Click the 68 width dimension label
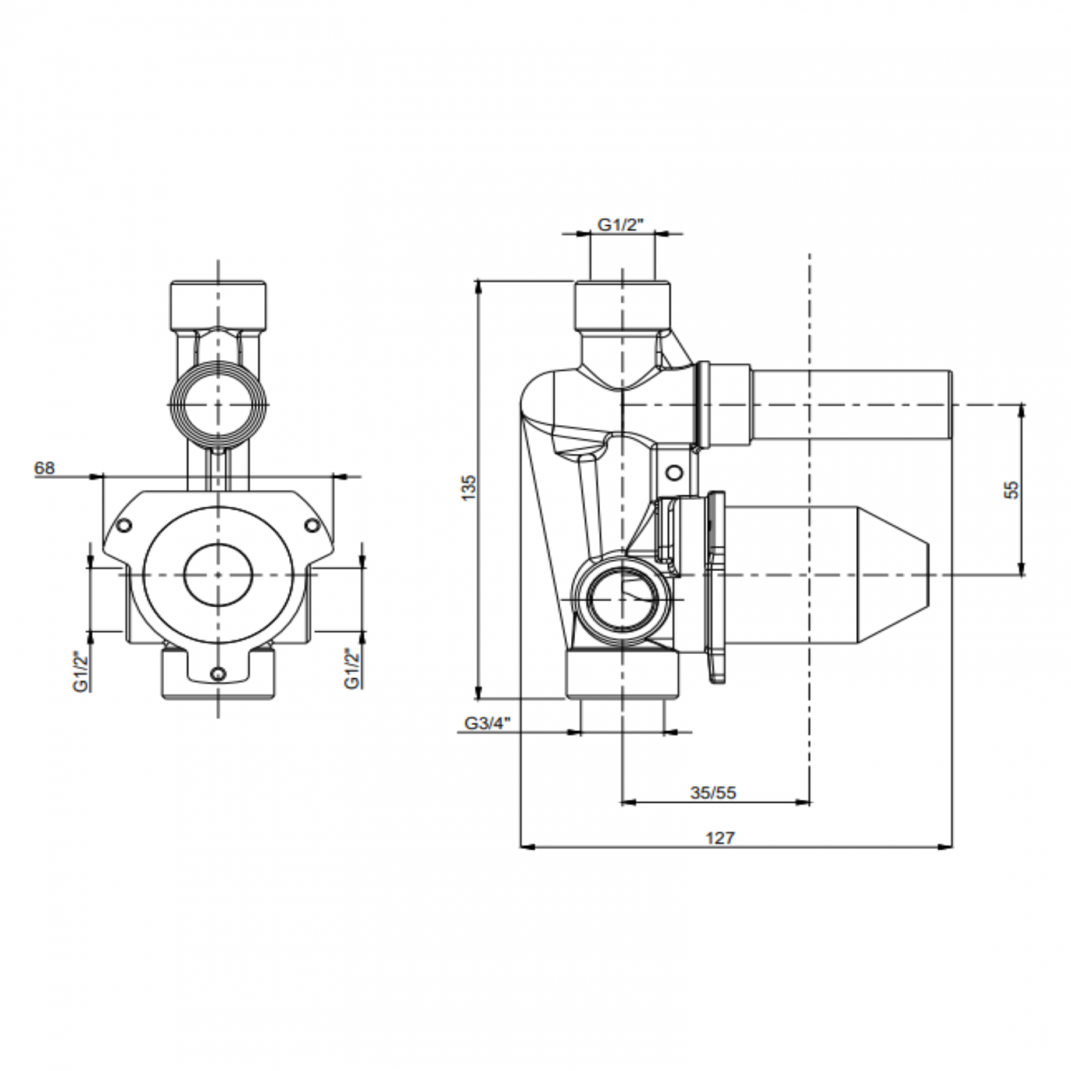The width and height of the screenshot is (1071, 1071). point(44,468)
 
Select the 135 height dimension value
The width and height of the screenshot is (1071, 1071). point(469,489)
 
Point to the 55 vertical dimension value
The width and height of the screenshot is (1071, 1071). point(1013,489)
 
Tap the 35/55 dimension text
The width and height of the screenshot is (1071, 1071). point(713,793)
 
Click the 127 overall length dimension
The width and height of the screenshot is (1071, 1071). point(719,838)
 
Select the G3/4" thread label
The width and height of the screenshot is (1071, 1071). point(488,723)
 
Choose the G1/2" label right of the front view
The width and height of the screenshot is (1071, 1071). point(352,670)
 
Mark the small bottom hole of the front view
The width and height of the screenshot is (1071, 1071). point(217,674)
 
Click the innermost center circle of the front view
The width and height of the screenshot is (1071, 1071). point(217,574)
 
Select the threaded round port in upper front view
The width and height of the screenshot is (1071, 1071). point(217,405)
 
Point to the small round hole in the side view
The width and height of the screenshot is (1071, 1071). point(675,473)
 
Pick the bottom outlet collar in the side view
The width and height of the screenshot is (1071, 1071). point(623,674)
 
